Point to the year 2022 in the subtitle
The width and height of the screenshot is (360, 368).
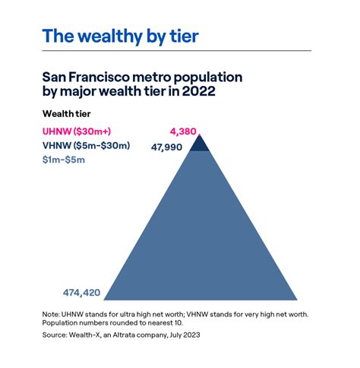pyautogui.click(x=195, y=93)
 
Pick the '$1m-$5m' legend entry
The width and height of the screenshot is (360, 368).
pyautogui.click(x=64, y=160)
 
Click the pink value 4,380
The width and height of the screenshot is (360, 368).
pyautogui.click(x=183, y=131)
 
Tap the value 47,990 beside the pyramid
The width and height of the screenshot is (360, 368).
pyautogui.click(x=166, y=147)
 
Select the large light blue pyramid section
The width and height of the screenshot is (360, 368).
pyautogui.click(x=199, y=236)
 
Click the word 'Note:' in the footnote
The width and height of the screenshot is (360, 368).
pyautogui.click(x=54, y=313)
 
